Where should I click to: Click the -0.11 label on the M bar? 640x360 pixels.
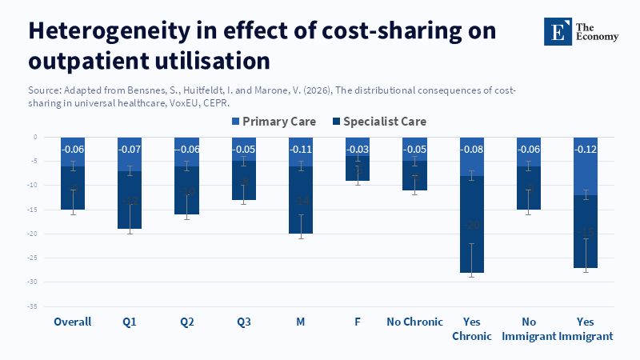click(x=301, y=150)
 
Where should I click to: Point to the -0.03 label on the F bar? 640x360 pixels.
click(x=358, y=150)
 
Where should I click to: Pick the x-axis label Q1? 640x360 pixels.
click(x=130, y=322)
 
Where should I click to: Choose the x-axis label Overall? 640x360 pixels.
click(x=73, y=322)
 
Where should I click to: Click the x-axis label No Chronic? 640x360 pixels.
click(x=414, y=322)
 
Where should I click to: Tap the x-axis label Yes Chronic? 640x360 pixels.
click(x=472, y=329)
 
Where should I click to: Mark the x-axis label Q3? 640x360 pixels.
click(x=244, y=322)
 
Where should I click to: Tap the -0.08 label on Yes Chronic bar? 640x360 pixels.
click(x=472, y=150)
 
